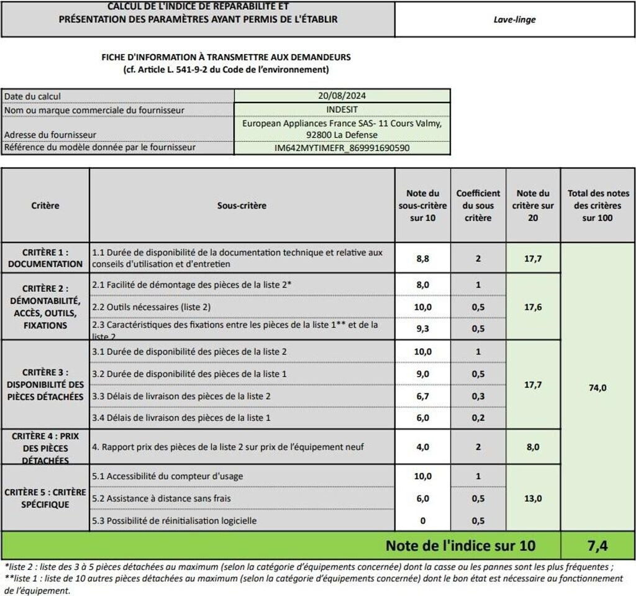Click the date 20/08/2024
pos(342,96)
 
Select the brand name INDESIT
pos(342,110)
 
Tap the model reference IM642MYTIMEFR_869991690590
pos(342,148)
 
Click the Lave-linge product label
pos(514,19)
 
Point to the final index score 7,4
pos(597,546)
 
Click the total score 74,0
pos(597,387)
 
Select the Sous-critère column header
pos(242,205)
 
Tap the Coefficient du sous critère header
pos(478,205)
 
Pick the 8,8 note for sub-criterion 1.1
pos(422,258)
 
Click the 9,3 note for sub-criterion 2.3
pos(422,329)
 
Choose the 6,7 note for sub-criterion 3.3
pos(422,395)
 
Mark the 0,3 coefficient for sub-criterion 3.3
pos(478,395)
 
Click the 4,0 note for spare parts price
pos(422,446)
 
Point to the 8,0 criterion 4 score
pos(532,446)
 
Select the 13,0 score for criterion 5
pos(532,498)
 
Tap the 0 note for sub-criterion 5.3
pos(422,520)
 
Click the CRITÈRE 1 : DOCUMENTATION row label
pos(45,258)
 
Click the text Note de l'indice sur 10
pos(460,546)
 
